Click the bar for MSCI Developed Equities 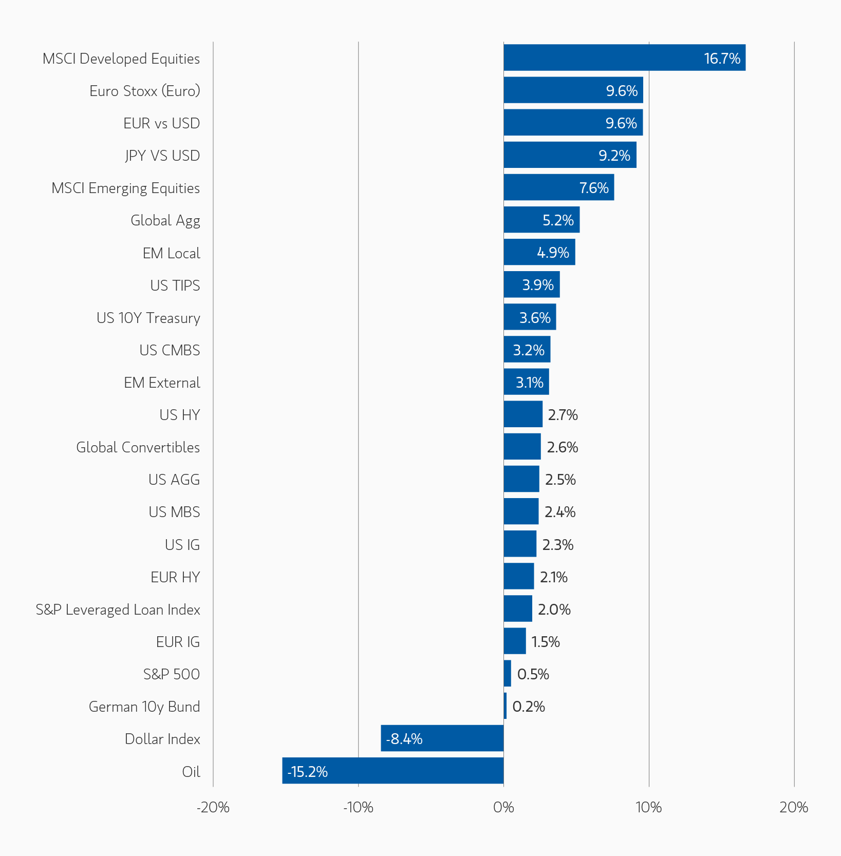tap(624, 58)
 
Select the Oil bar tap(393, 770)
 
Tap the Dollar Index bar tap(442, 738)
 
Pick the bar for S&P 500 tap(508, 673)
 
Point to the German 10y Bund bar tap(506, 706)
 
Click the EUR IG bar tap(515, 641)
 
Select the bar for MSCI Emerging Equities tap(559, 187)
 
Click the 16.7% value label tap(722, 59)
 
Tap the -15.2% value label tap(307, 771)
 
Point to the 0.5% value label tap(533, 674)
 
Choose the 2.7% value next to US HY tap(563, 415)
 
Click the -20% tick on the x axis tap(213, 808)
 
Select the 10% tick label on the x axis tap(649, 808)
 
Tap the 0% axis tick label tap(503, 808)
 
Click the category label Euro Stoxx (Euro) tap(144, 91)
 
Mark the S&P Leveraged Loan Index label tap(118, 610)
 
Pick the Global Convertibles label tap(138, 447)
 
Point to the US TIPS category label tap(175, 286)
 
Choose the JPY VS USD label tap(162, 156)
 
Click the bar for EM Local tap(539, 252)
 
